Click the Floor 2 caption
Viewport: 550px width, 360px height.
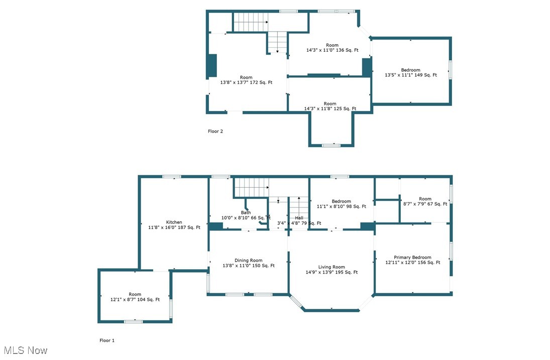215,132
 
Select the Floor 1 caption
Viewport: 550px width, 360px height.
107,340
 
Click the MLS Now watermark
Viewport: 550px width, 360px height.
25,350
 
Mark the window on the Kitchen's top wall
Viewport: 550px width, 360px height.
172,176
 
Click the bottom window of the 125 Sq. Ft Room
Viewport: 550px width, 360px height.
331,146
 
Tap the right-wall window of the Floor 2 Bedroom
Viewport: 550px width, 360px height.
450,69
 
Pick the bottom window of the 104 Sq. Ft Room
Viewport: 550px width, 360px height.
133,321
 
